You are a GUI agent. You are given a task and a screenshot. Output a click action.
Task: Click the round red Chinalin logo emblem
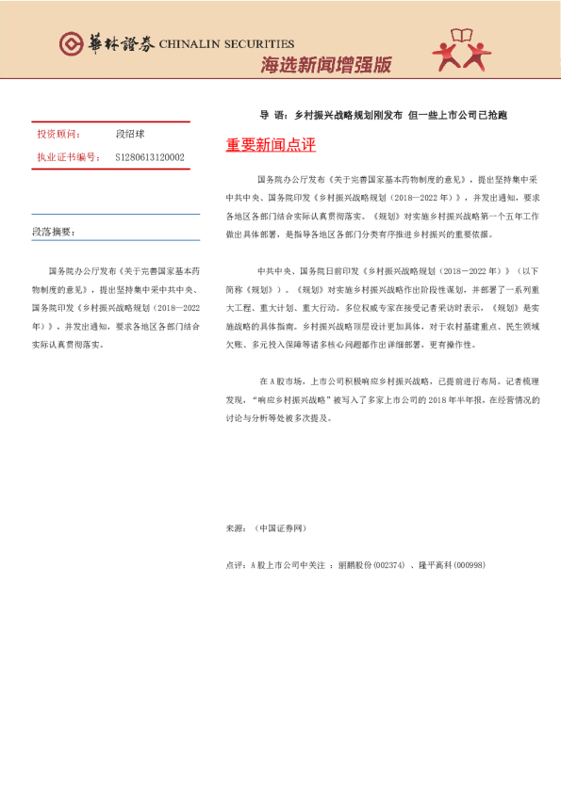point(72,42)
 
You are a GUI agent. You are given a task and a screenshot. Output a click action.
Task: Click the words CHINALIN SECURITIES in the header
point(226,43)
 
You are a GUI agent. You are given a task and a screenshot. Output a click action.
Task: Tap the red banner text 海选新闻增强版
point(325,65)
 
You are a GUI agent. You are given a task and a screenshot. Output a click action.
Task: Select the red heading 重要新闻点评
point(271,145)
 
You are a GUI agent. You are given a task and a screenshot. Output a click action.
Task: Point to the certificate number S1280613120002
point(150,157)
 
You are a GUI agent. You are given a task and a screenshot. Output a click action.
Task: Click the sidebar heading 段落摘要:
point(53,232)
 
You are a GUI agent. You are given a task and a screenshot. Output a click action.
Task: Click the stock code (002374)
point(388,564)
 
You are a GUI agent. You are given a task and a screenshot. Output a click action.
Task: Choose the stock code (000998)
point(469,564)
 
